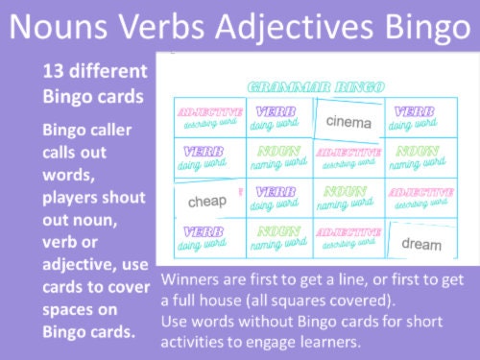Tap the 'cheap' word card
click(207, 202)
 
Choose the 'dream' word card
click(421, 244)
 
